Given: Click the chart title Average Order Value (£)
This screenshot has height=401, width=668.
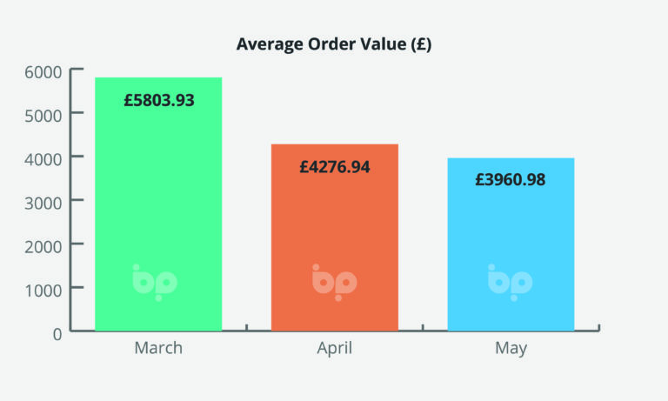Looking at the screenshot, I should (334, 45).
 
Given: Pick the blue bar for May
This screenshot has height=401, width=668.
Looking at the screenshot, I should (511, 244).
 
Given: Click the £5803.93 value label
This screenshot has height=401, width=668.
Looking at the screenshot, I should (159, 100).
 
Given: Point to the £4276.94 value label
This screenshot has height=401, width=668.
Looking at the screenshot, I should (335, 166).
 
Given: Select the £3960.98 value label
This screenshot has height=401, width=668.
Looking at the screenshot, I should (511, 180).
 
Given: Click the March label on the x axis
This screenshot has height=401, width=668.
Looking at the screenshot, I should (158, 349).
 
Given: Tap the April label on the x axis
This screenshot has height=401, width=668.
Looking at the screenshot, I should (335, 349).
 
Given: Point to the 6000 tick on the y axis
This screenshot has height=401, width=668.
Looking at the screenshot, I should (43, 70).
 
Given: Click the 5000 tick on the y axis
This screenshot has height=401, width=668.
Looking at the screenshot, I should (43, 113).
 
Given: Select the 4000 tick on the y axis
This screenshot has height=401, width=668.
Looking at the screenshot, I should (43, 157).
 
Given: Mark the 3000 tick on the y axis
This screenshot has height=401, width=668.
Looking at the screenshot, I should (43, 201).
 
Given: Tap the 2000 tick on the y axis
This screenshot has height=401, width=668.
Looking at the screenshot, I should (43, 244).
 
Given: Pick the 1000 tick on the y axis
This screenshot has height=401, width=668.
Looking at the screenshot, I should (43, 288).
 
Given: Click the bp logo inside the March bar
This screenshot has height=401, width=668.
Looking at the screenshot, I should (155, 282).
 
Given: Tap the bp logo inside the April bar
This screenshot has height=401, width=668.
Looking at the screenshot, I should (334, 282).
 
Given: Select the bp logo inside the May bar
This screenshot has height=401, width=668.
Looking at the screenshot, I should (510, 282).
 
